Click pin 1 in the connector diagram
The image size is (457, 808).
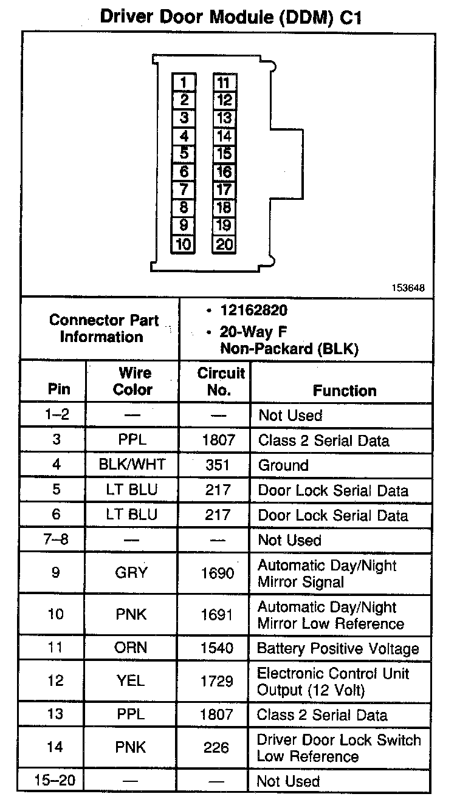pyautogui.click(x=184, y=82)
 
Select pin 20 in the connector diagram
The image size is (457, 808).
pyautogui.click(x=224, y=244)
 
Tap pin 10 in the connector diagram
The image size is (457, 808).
pyautogui.click(x=184, y=244)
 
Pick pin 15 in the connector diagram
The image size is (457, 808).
pyautogui.click(x=224, y=154)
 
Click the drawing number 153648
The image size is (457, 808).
pyautogui.click(x=408, y=288)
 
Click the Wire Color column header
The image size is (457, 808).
pyautogui.click(x=132, y=382)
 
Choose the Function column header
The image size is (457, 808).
pyautogui.click(x=344, y=391)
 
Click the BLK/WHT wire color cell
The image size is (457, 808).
pyautogui.click(x=132, y=465)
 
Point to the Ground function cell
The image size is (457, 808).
pyautogui.click(x=283, y=465)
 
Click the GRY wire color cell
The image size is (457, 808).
pyautogui.click(x=131, y=573)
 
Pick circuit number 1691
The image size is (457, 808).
pyautogui.click(x=217, y=615)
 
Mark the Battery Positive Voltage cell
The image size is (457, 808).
pyautogui.click(x=338, y=648)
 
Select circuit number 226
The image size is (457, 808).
pyautogui.click(x=216, y=748)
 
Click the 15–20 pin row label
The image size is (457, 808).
pyautogui.click(x=55, y=780)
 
